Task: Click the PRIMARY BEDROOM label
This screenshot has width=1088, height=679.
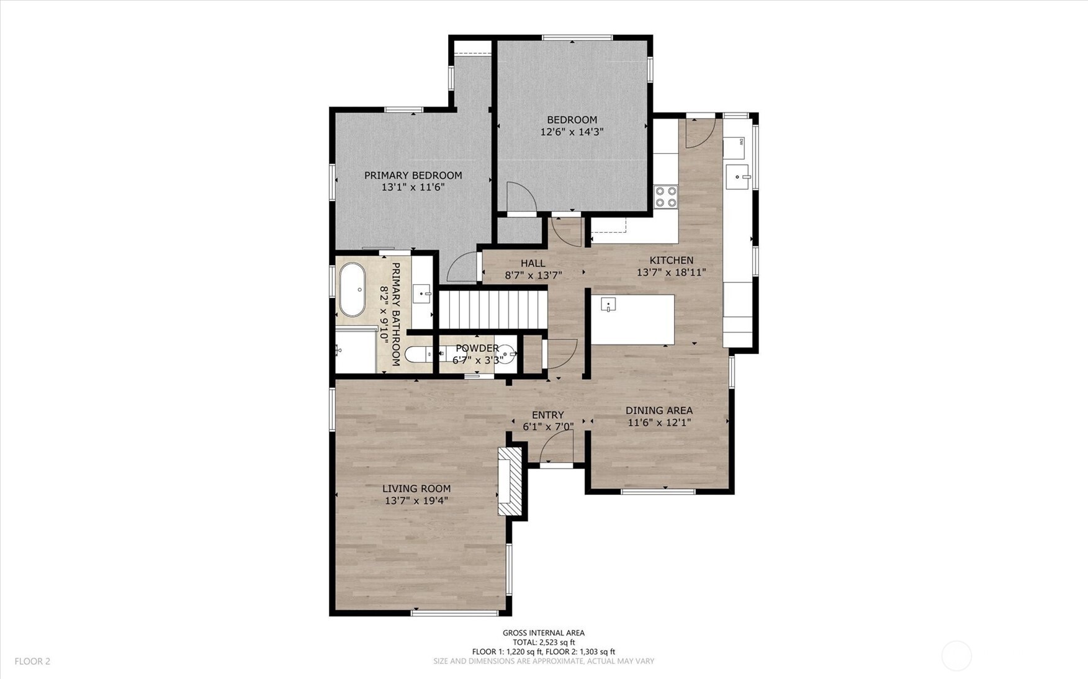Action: (x=413, y=176)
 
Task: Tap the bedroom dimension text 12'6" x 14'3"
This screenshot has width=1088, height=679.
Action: (x=572, y=132)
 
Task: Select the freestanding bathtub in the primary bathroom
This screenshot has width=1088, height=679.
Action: (x=353, y=290)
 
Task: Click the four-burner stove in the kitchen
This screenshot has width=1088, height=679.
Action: (x=666, y=197)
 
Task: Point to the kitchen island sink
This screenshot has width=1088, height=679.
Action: (x=608, y=304)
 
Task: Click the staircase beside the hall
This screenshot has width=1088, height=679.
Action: (x=493, y=310)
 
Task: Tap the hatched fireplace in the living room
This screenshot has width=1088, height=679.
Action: (x=510, y=482)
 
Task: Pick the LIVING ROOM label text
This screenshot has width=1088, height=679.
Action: (x=416, y=488)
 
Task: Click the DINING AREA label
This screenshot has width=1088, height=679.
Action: (x=659, y=410)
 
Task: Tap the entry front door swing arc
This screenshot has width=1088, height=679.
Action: (x=557, y=446)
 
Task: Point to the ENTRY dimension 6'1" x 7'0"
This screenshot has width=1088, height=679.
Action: (x=547, y=426)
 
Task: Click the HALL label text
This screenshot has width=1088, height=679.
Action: (x=533, y=263)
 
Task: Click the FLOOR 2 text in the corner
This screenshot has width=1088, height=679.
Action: (x=32, y=661)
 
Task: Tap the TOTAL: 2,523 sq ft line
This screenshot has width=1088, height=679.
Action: (x=543, y=642)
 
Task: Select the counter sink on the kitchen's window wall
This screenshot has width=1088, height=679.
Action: (x=738, y=177)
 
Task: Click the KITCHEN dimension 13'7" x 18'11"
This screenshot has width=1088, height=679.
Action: (x=671, y=272)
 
